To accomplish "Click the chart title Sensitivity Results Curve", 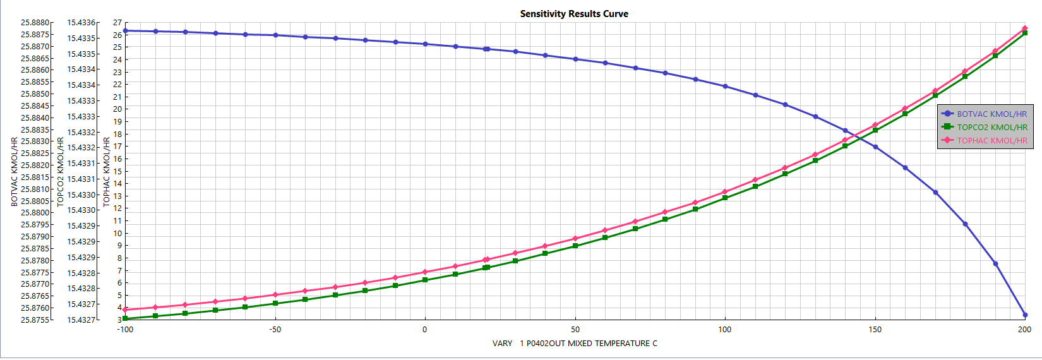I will [x=574, y=14].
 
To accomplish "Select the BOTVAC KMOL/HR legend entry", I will [x=991, y=114].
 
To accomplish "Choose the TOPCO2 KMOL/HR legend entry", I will [x=991, y=128].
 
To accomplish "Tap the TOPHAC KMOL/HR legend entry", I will [x=991, y=141].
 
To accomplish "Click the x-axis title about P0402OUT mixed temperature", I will [x=575, y=344].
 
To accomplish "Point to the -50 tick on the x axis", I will [x=275, y=330].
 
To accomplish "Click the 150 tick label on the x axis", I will [x=875, y=330].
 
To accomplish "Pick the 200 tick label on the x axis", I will [x=1024, y=330].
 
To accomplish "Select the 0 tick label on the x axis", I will [x=424, y=330].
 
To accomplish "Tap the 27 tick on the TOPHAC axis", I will [x=117, y=23].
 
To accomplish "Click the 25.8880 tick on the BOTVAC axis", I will [x=35, y=23].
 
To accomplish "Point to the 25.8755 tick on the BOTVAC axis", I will [x=35, y=320].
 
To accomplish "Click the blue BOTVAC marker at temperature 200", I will [x=1025, y=315].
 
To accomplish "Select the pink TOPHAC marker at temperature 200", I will [x=1025, y=28].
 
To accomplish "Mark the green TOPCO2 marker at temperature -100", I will [x=125, y=319].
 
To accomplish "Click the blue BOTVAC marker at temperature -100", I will [x=125, y=31].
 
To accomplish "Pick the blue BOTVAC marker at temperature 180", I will [x=965, y=224].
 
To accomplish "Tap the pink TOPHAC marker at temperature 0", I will [x=424, y=272].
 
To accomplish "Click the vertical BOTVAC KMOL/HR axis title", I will [x=15, y=172].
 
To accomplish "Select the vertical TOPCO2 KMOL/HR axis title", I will [x=61, y=172].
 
